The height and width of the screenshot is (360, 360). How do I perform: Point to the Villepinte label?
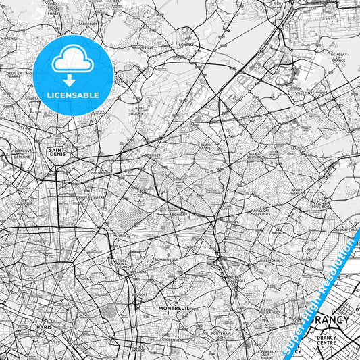point(305,93)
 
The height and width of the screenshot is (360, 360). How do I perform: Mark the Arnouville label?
point(142,48)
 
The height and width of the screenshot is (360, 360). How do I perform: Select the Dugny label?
point(137,113)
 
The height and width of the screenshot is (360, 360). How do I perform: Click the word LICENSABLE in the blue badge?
point(72,95)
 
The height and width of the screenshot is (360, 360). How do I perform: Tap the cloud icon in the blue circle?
point(72,62)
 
